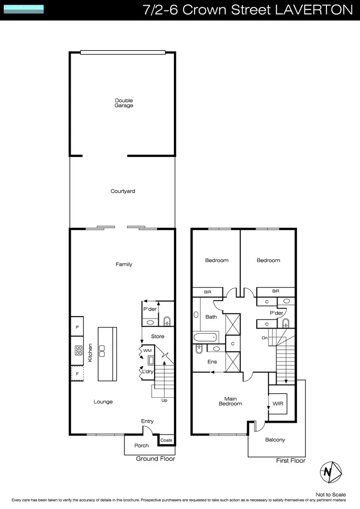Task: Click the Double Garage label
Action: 123,103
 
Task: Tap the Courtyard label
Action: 123,191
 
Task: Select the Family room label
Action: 124,264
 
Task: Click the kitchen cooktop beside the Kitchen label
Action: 77,351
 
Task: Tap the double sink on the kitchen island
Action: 101,351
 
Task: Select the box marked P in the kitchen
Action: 77,326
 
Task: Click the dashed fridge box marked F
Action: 77,374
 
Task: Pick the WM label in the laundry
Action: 147,351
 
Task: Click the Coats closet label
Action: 166,440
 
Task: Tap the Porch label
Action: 141,445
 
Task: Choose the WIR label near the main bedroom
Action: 278,404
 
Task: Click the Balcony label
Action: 275,440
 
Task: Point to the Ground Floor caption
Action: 155,459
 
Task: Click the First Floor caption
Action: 290,460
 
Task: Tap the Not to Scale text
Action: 330,494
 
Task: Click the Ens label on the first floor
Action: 212,362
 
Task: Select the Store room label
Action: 157,337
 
